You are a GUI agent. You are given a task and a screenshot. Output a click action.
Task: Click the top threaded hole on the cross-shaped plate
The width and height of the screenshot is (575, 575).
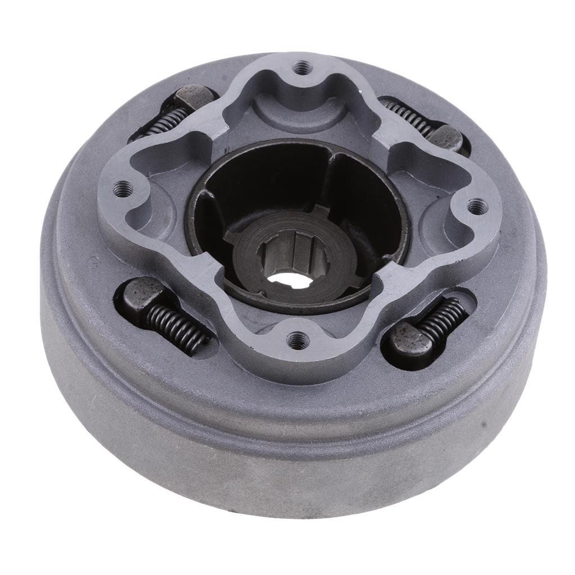pos(302,66)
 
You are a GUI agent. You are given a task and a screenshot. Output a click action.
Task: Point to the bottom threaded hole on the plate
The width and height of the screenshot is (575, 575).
pos(296,339)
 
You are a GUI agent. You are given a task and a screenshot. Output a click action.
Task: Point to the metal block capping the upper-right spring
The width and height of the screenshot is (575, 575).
pos(446,138)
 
